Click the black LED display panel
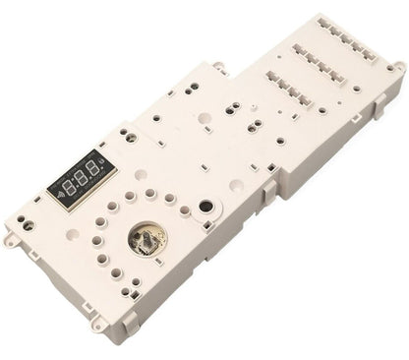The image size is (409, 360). pyautogui.click(x=81, y=175)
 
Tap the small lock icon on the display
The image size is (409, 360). pyautogui.click(x=105, y=162)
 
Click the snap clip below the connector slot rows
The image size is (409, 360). pyautogui.click(x=325, y=144)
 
